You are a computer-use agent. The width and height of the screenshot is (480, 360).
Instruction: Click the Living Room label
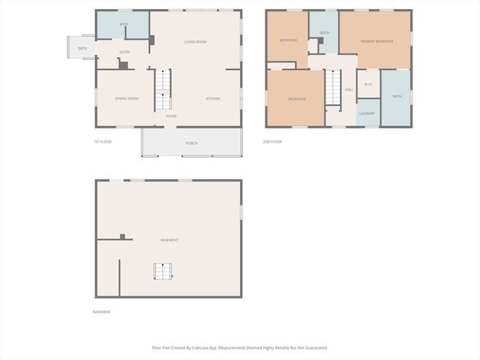(x=195, y=42)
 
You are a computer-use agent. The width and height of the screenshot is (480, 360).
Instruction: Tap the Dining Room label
(x=127, y=98)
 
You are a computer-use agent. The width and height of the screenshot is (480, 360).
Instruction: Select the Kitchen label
(x=213, y=98)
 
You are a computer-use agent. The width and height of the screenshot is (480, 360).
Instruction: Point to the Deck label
(x=82, y=49)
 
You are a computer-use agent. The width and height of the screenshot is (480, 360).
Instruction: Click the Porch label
(x=191, y=143)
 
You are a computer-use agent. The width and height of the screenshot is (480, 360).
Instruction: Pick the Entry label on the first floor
(x=124, y=52)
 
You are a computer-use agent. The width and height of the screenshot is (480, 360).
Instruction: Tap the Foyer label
(x=172, y=116)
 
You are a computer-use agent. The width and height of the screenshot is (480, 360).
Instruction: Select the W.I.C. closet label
(x=368, y=84)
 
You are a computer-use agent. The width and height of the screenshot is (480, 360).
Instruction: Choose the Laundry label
(x=367, y=113)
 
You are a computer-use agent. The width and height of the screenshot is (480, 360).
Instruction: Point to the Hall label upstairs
(x=349, y=90)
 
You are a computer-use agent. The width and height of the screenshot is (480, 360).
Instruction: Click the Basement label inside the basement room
(x=169, y=240)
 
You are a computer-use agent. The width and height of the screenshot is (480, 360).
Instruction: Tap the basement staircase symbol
(x=163, y=271)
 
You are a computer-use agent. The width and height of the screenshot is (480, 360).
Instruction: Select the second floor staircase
(x=333, y=87)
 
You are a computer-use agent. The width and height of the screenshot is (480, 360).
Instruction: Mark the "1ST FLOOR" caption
(x=102, y=142)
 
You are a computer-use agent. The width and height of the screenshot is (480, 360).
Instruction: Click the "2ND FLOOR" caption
(x=272, y=142)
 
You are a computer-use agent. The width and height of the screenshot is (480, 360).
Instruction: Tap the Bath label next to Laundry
(x=397, y=96)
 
